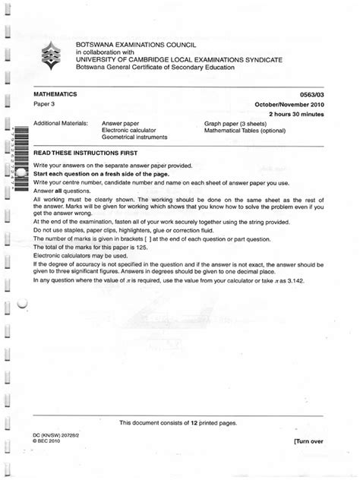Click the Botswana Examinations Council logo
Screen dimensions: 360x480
pyautogui.click(x=49, y=55)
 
